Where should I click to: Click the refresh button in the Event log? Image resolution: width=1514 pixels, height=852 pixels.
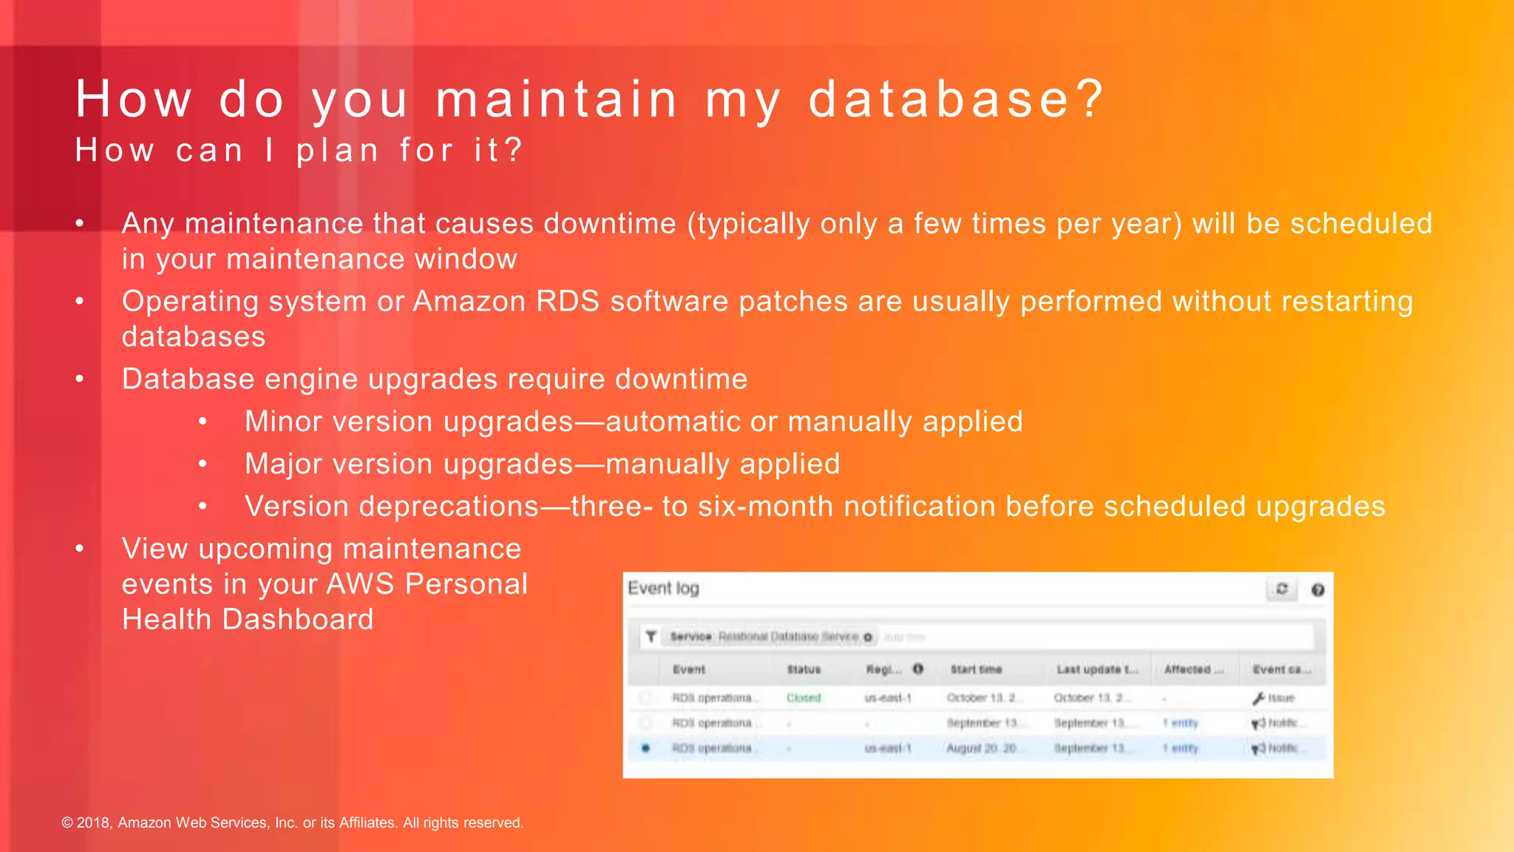1282,589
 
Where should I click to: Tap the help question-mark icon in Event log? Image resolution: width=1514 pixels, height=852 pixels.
1317,589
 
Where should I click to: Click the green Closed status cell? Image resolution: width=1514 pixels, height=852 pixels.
804,697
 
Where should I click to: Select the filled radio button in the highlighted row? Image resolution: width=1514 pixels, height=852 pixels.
645,748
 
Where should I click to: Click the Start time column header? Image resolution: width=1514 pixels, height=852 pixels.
976,669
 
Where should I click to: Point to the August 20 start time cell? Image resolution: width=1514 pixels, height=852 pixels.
981,748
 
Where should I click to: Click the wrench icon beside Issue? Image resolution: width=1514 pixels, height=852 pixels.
1258,697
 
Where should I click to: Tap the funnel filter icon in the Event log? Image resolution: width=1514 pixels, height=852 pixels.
651,636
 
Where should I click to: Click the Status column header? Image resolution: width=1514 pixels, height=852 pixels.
804,669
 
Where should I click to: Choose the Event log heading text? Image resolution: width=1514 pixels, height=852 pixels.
663,588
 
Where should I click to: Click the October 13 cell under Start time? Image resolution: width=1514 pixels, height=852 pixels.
982,697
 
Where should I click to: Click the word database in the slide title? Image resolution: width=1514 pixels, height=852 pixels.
939,99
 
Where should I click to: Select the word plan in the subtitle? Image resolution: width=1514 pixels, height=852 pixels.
337,151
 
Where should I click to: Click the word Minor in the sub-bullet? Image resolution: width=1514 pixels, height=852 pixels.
282,422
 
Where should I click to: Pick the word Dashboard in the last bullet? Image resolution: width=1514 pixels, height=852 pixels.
298,619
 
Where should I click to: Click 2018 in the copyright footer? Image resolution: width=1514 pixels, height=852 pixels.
94,822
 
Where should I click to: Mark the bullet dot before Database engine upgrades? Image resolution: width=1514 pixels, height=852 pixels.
80,379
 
